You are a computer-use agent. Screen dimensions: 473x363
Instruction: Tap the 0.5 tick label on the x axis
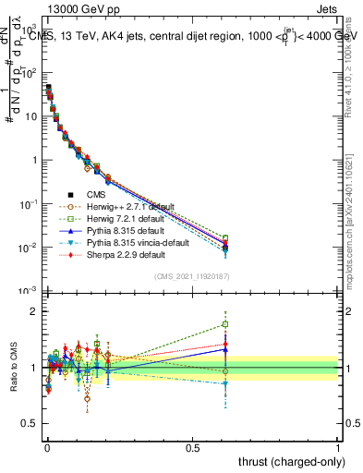point(192,446)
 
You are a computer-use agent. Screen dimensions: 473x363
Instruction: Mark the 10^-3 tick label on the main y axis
point(25,291)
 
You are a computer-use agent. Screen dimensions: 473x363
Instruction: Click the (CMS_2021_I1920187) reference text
point(193,276)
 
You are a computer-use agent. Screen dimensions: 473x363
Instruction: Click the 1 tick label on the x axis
point(338,446)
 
